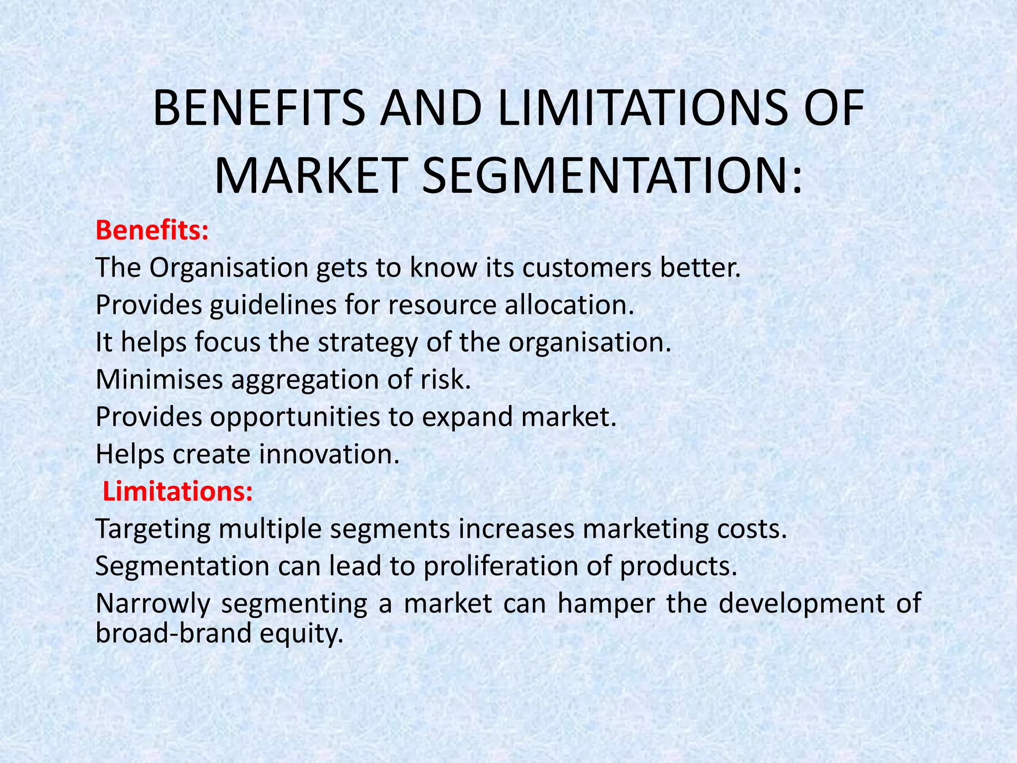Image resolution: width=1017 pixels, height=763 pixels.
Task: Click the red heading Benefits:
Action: (x=152, y=230)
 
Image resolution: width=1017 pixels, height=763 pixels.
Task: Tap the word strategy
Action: (x=368, y=343)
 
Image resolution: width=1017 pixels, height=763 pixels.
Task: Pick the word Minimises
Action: (x=159, y=380)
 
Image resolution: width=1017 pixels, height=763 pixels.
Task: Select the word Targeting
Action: (x=152, y=530)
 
